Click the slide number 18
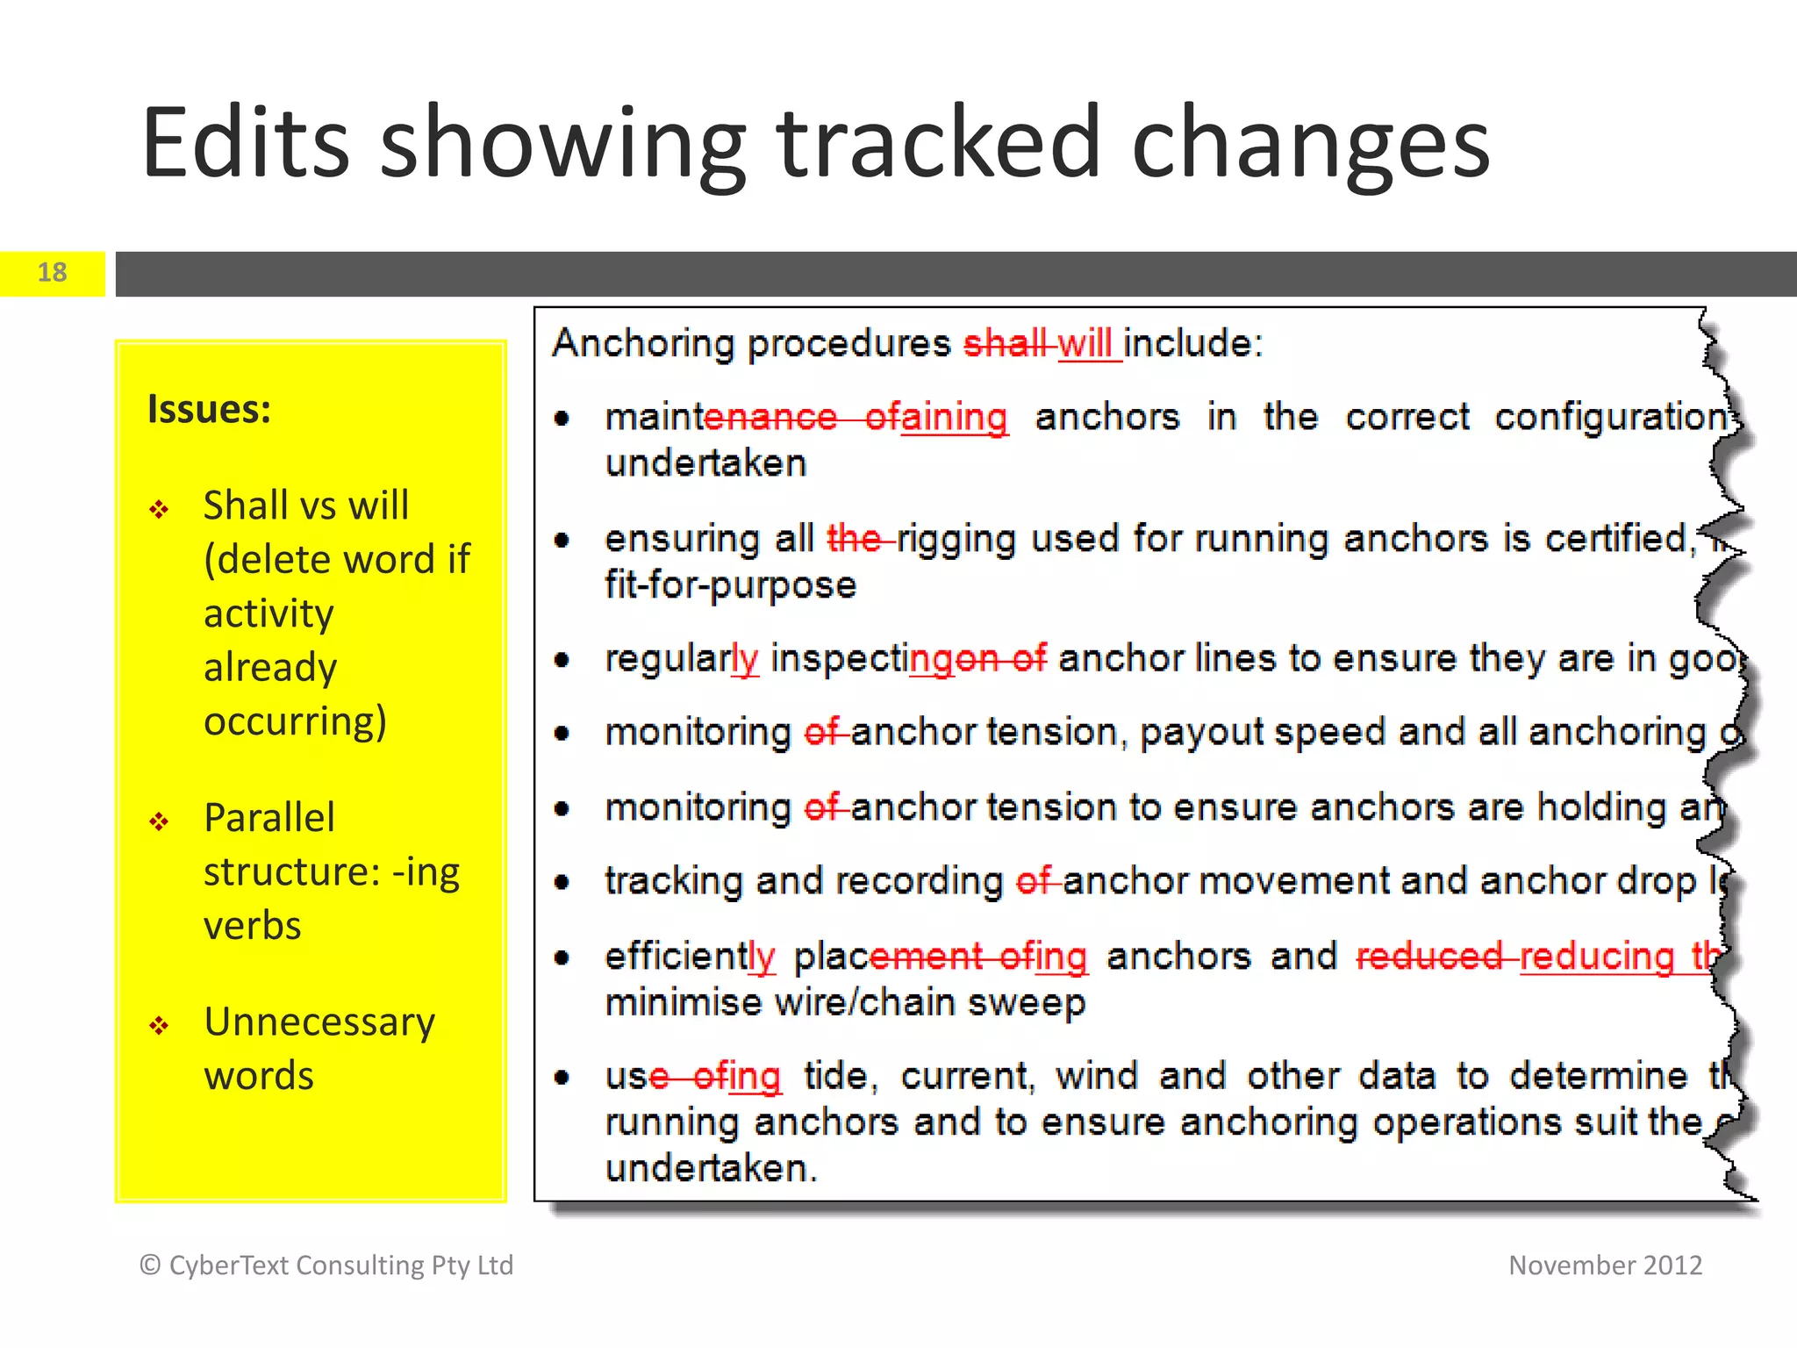(x=53, y=273)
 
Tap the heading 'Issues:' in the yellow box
(x=210, y=410)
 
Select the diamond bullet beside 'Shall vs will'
(x=159, y=510)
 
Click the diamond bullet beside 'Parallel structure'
(x=159, y=821)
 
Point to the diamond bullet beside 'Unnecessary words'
(x=159, y=1026)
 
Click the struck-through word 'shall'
(x=1006, y=343)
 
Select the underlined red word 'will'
(x=1085, y=343)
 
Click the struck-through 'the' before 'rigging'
(x=856, y=538)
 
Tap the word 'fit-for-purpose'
(x=730, y=584)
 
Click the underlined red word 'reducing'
(x=1597, y=957)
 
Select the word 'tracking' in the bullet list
(x=674, y=882)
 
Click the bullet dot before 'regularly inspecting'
(x=562, y=660)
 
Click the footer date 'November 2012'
(x=1605, y=1266)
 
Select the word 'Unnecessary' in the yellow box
(x=319, y=1022)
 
